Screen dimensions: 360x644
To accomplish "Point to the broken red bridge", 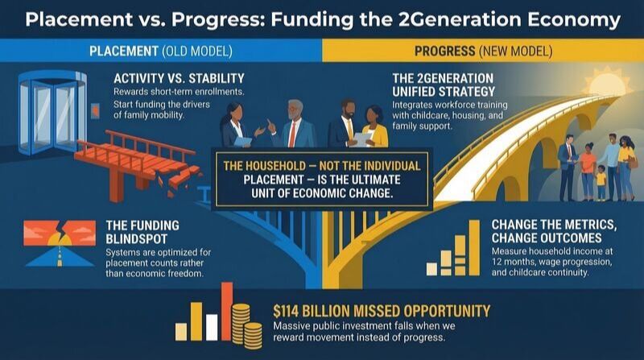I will click(80, 173).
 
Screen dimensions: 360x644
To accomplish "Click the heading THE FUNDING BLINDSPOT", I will click(142, 231).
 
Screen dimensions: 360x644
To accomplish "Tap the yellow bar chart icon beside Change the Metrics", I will click(451, 250).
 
